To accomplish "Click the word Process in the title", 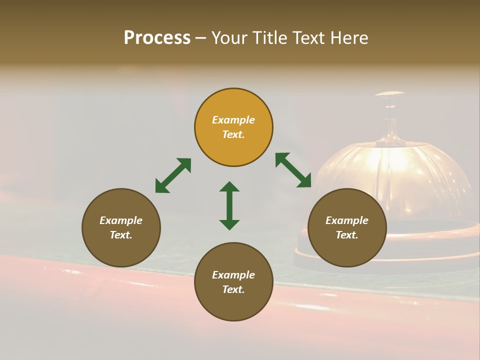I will [157, 38].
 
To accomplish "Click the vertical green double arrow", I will [229, 205].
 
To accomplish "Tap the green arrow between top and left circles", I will [173, 175].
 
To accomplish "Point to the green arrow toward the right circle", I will [293, 170].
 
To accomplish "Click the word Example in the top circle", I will [233, 120].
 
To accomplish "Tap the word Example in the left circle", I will [121, 220].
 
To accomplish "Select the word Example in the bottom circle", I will [233, 275].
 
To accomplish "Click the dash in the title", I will [201, 38].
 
